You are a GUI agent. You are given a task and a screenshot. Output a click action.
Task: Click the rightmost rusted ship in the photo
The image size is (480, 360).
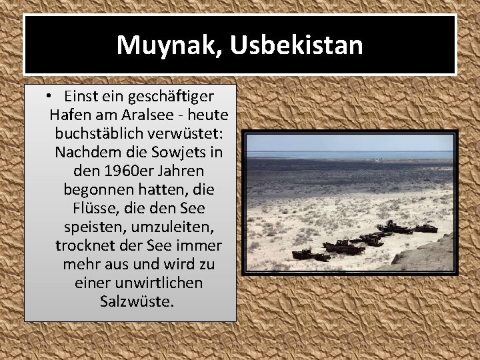[x=424, y=229]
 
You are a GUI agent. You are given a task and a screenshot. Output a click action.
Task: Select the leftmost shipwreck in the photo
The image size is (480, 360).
[x=301, y=253]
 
